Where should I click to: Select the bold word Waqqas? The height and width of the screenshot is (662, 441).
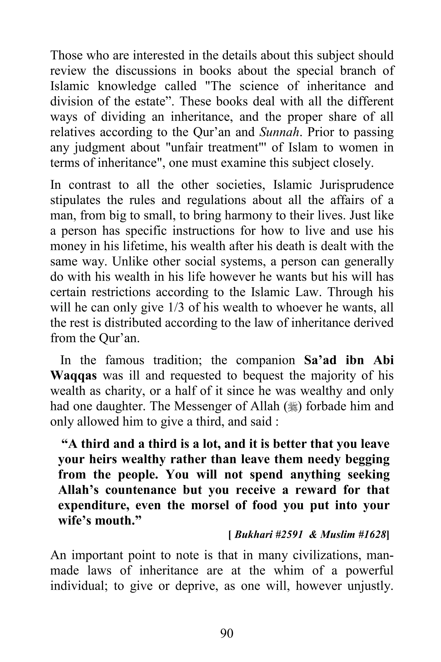tap(74, 376)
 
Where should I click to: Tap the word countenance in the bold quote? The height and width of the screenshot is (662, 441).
tap(141, 490)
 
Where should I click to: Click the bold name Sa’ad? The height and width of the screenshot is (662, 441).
tap(321, 360)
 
